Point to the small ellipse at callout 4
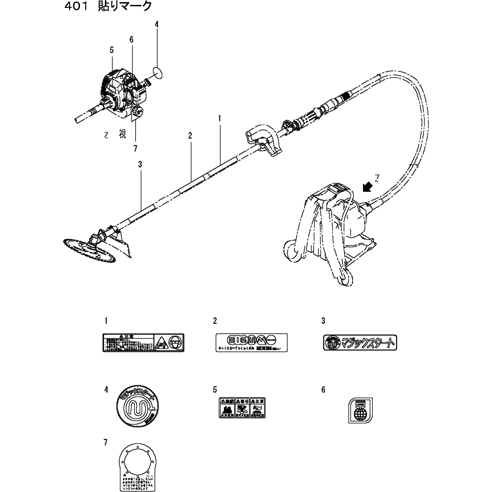point(158,73)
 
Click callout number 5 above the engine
point(112,50)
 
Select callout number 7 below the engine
point(135,148)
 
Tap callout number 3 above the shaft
point(140,164)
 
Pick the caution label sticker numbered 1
point(143,343)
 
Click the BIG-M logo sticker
point(251,343)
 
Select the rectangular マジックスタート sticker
point(360,343)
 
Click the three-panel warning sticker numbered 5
point(242,407)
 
